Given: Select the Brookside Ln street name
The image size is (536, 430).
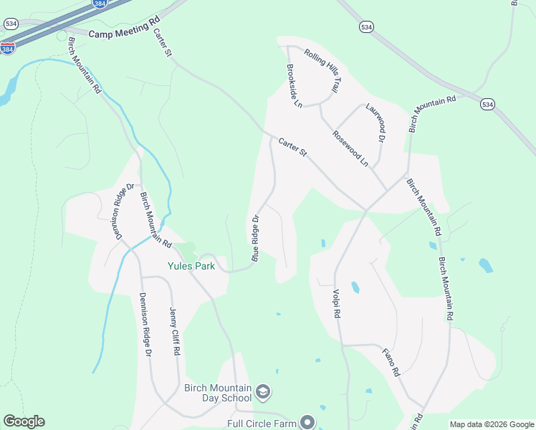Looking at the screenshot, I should coord(295,86).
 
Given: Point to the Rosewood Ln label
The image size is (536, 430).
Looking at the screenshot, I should coord(350,148).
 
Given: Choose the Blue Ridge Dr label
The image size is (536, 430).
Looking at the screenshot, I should coord(256,236).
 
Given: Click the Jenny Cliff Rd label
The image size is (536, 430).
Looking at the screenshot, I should coord(174,332).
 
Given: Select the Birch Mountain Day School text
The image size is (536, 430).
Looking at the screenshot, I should coord(218,393).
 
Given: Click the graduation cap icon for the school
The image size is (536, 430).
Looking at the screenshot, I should coord(263,392).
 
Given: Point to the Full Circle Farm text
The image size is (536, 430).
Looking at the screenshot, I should coord(262,423).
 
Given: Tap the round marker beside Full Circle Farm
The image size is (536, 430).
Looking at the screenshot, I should coord(307,422).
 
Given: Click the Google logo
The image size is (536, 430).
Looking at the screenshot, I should coord(24,421).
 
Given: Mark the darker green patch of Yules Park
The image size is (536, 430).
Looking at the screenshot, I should coord(187,252).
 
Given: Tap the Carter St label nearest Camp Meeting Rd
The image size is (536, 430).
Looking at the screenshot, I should coord(163,42).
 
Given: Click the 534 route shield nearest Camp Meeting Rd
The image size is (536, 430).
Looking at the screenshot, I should coord(10,23).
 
